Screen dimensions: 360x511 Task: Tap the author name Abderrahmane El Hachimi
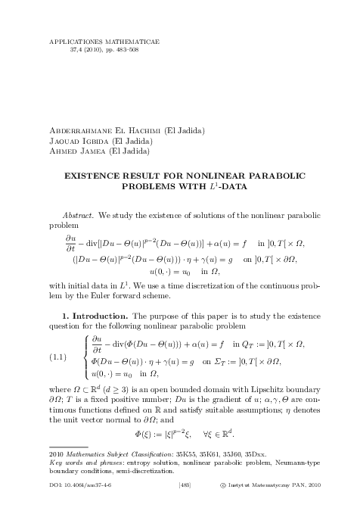click(90, 131)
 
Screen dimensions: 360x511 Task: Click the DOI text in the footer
click(76, 500)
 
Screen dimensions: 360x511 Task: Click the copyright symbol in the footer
click(233, 500)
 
